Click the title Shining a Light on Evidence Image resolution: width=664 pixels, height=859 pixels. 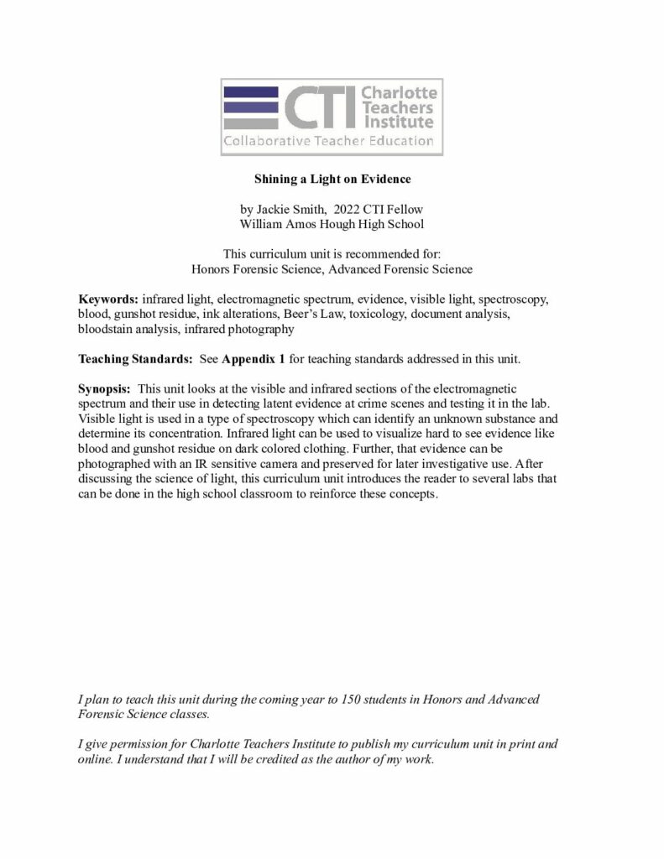tap(332, 179)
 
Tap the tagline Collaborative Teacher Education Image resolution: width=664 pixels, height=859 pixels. tap(328, 141)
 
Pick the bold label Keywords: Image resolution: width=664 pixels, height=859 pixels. tap(109, 299)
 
